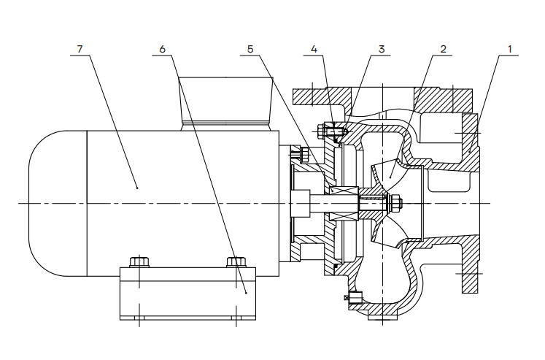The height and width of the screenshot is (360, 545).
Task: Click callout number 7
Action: (80, 49)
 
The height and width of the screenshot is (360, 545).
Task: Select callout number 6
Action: (162, 49)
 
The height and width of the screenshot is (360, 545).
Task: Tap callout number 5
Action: (250, 49)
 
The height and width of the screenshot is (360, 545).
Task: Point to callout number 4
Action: (314, 49)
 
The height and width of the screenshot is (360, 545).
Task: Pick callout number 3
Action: (382, 49)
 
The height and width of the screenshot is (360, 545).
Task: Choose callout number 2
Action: (443, 49)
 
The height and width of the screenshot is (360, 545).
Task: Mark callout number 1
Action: (510, 49)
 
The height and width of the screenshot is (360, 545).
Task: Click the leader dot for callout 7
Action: (137, 188)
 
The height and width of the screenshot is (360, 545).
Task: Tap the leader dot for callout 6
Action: (246, 293)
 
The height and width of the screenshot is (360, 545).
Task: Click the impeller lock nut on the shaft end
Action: (395, 203)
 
